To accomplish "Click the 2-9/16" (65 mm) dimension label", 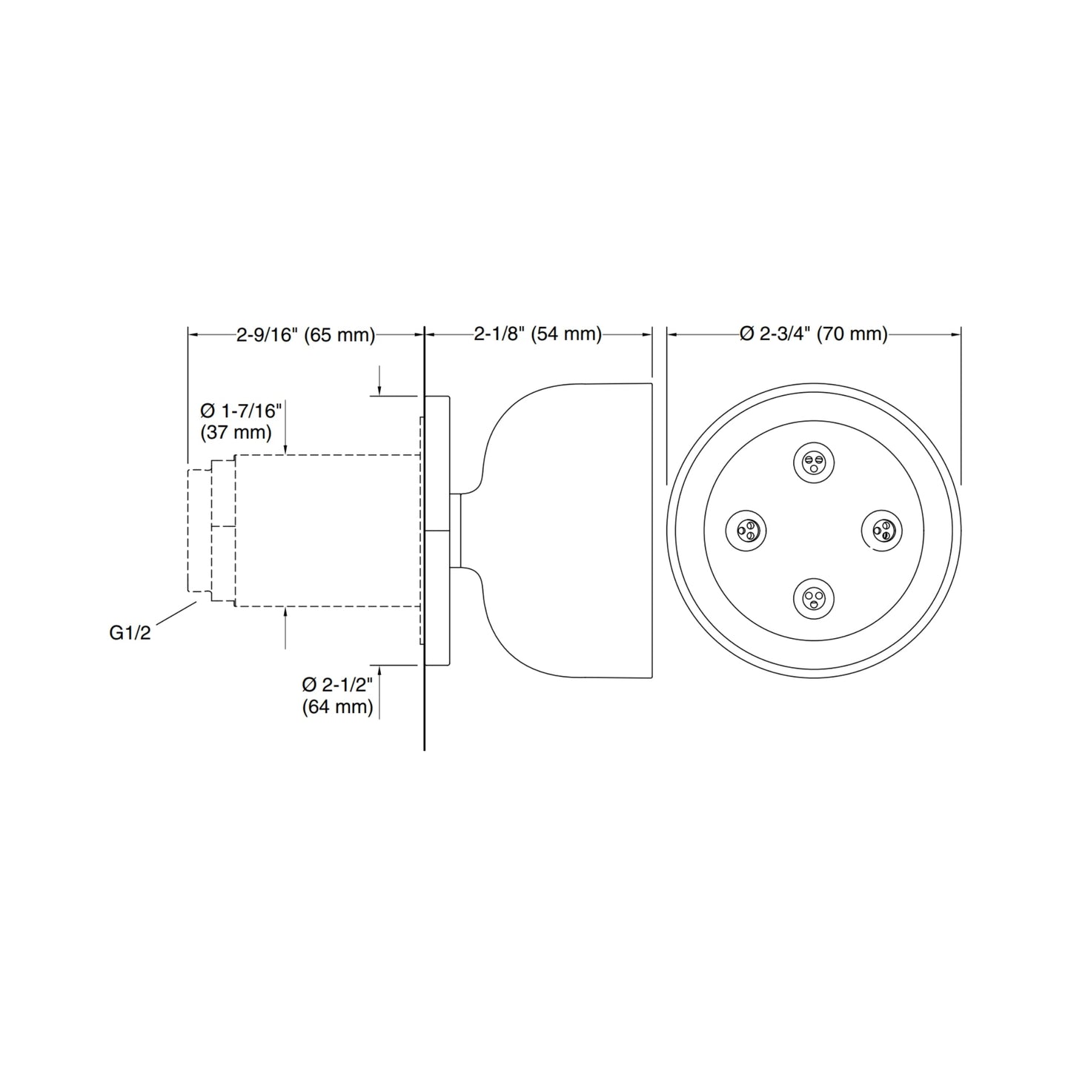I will (x=305, y=335).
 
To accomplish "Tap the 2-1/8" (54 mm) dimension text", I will (x=537, y=335).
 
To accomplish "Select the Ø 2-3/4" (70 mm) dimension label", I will (x=813, y=335).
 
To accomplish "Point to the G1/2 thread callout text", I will (x=130, y=633).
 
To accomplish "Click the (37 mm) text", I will (x=236, y=431).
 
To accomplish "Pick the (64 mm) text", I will (x=337, y=707).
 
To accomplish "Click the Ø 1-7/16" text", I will (x=241, y=411).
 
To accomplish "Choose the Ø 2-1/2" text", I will (x=337, y=685).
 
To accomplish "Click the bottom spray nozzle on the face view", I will (x=814, y=597).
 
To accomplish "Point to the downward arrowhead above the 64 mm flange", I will (x=379, y=391).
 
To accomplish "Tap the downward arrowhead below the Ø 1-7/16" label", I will (x=285, y=449).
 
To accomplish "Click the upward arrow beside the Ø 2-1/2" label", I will (x=379, y=671).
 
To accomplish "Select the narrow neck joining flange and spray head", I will (x=456, y=531).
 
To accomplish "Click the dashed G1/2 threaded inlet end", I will (x=199, y=531).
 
